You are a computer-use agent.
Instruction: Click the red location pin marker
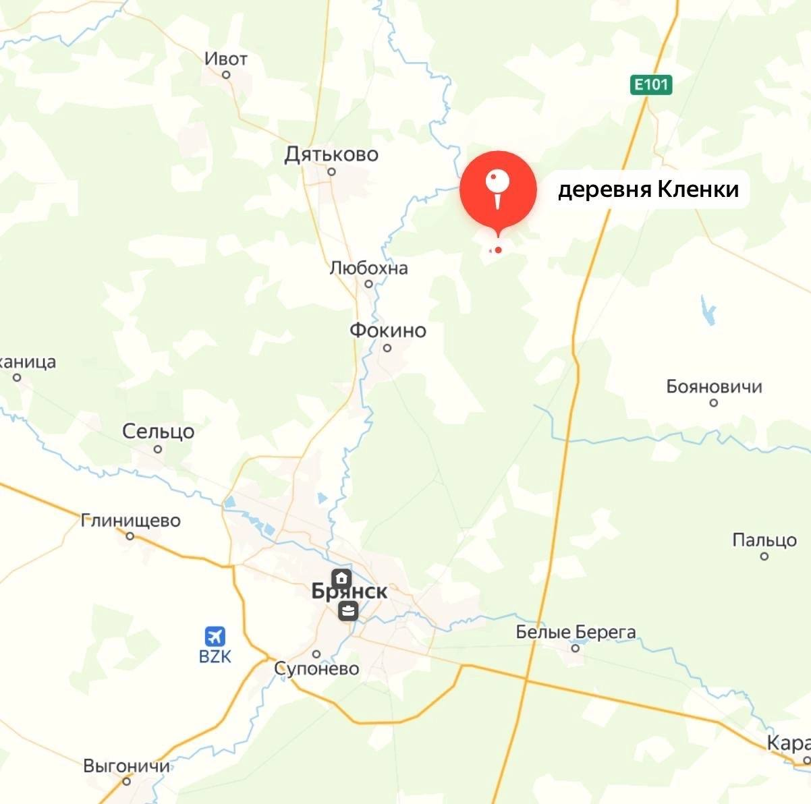[498, 189]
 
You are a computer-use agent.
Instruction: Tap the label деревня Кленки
[648, 190]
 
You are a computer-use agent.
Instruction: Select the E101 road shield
[652, 85]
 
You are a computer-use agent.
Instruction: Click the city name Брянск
[349, 592]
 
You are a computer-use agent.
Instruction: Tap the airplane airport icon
[215, 636]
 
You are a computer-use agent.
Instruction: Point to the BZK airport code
[215, 656]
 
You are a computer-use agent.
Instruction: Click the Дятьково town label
[331, 154]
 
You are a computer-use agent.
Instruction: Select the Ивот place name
[226, 59]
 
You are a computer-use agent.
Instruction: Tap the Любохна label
[368, 268]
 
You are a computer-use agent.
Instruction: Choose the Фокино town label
[388, 331]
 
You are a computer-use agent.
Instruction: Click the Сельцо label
[158, 432]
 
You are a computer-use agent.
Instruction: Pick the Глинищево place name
[130, 521]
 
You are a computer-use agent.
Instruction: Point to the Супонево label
[316, 669]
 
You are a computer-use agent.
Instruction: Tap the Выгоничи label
[126, 766]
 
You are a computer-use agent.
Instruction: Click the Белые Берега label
[576, 632]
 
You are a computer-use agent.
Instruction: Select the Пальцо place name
[764, 540]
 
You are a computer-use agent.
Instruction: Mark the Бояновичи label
[714, 386]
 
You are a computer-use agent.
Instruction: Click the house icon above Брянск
[342, 577]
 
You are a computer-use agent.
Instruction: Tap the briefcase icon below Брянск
[348, 612]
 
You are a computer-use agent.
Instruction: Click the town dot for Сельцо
[158, 449]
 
